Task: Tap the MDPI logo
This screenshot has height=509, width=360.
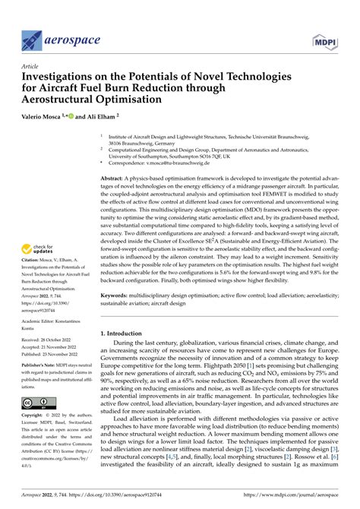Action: [x=327, y=38]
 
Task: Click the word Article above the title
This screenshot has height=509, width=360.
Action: [x=33, y=66]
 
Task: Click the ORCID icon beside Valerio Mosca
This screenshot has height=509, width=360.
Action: [x=89, y=119]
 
